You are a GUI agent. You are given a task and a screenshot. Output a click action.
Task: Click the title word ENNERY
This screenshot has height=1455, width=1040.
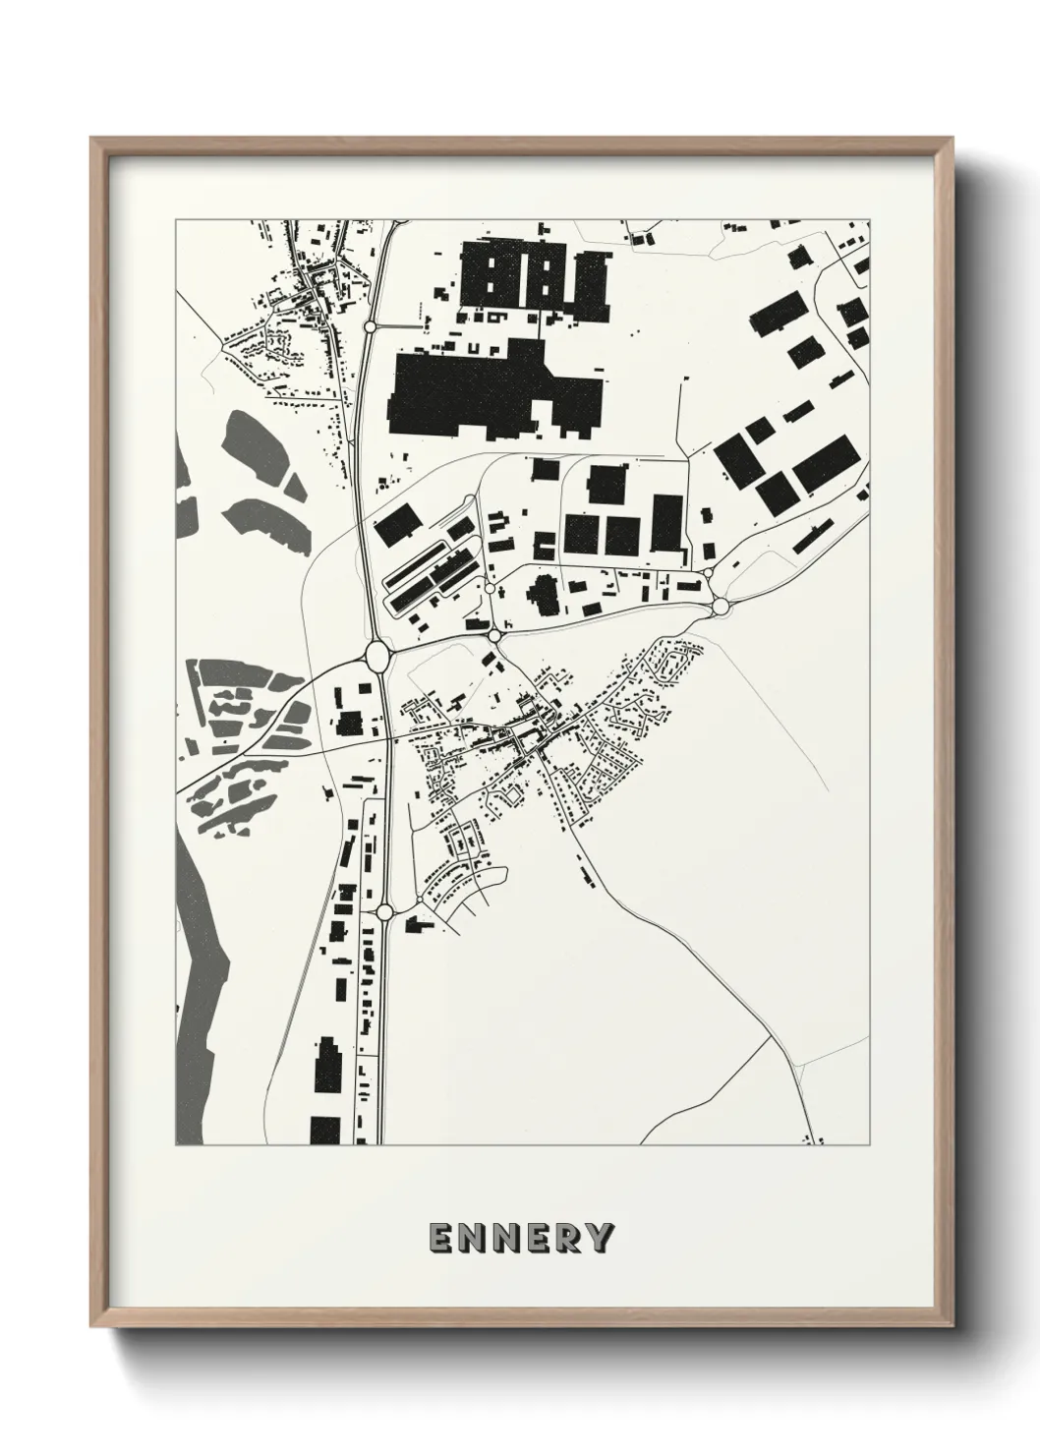tap(521, 1239)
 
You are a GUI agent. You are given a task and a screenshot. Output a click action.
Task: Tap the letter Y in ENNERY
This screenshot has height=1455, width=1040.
tap(602, 1239)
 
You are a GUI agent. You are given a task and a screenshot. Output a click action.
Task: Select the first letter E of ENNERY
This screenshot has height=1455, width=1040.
tap(440, 1239)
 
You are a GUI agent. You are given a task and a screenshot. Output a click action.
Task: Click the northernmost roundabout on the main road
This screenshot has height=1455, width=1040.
tap(370, 325)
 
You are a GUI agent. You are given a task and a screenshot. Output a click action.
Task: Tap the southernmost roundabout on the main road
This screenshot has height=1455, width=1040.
tap(384, 912)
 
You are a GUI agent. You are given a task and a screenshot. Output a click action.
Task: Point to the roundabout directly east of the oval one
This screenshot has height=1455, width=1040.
tap(494, 637)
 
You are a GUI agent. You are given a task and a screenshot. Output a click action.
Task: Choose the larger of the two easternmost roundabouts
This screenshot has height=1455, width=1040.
tap(721, 606)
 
